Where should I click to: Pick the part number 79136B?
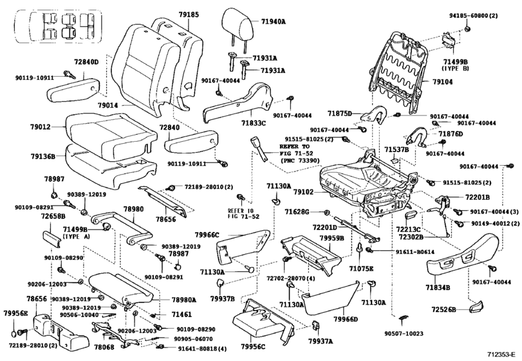42,155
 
